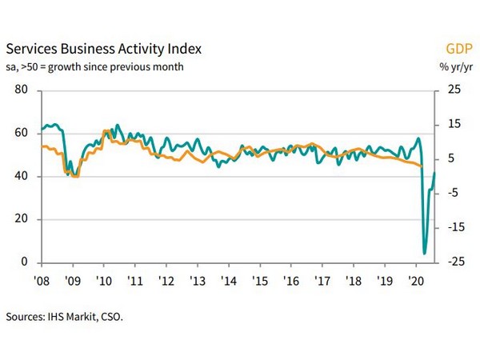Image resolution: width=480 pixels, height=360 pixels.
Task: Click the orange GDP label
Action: click(458, 48)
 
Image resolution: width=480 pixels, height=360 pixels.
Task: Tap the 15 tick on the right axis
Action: click(453, 124)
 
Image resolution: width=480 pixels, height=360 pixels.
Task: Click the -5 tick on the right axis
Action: click(453, 193)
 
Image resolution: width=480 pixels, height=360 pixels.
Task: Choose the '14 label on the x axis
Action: click(229, 282)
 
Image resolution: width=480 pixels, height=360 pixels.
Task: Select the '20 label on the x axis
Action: click(416, 282)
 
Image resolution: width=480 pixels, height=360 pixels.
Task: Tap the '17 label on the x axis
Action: click(322, 282)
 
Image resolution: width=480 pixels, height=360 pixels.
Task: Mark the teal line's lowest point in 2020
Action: click(424, 254)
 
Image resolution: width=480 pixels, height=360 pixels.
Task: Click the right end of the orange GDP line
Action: click(422, 166)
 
